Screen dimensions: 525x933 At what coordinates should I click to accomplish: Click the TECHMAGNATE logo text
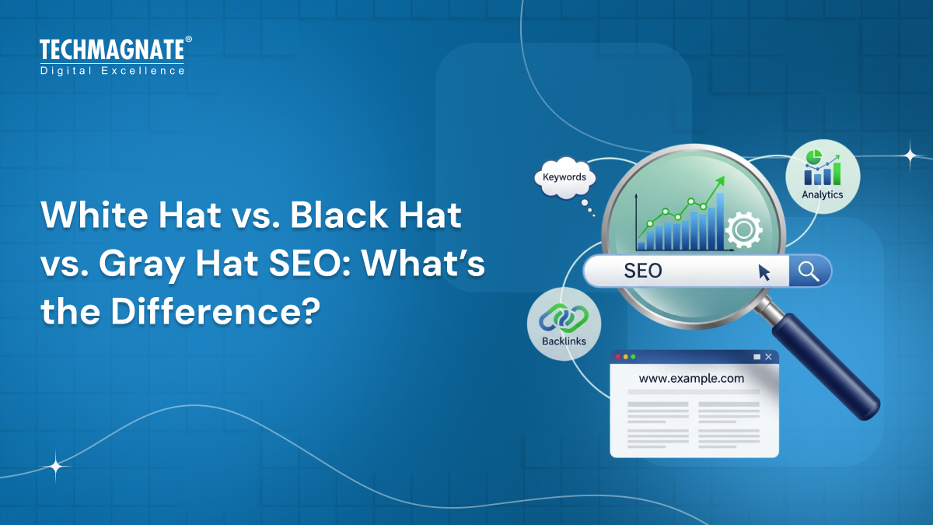click(x=112, y=51)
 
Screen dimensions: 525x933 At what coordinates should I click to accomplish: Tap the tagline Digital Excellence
click(x=112, y=71)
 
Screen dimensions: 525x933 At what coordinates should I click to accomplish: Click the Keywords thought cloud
click(x=564, y=178)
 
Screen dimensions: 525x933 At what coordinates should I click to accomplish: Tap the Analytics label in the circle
click(x=822, y=194)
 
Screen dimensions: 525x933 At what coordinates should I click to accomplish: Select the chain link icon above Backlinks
click(x=564, y=317)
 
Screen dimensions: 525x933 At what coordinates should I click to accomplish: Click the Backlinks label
click(x=564, y=341)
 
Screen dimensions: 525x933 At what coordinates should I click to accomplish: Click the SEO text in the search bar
click(x=643, y=271)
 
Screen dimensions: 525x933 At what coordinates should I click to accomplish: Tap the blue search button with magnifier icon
click(x=809, y=271)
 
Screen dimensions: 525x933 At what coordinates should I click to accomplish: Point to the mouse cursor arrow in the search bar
click(x=764, y=272)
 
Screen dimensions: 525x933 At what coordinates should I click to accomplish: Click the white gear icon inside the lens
click(x=743, y=230)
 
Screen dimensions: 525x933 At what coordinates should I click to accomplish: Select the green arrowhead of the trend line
click(x=720, y=180)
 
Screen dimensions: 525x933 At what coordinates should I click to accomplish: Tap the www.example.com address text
click(x=691, y=379)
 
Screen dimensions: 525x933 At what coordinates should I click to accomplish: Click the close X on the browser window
click(x=768, y=356)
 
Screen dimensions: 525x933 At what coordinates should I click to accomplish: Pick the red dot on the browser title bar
click(x=618, y=356)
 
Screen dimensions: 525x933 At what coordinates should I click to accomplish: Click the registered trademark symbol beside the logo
click(x=188, y=40)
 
